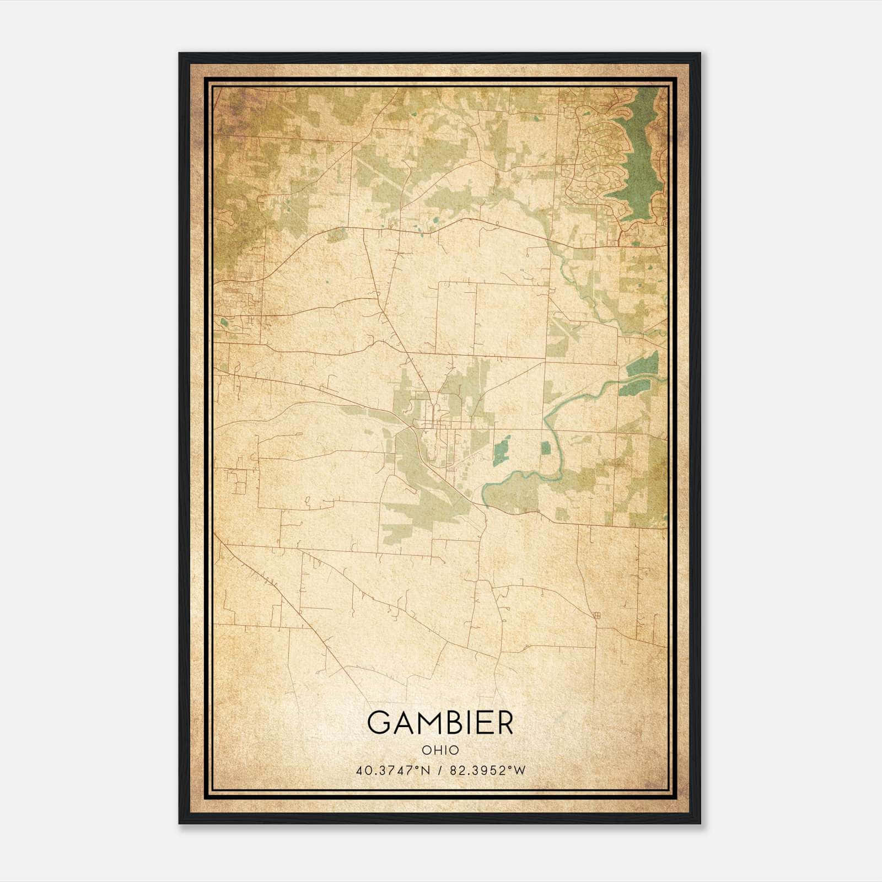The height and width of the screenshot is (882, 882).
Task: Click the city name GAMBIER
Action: pyautogui.click(x=440, y=723)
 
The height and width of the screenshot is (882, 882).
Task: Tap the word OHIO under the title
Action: pyautogui.click(x=440, y=750)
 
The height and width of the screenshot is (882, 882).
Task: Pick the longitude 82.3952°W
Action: pyautogui.click(x=488, y=771)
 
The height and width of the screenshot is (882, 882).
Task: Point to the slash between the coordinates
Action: pyautogui.click(x=439, y=771)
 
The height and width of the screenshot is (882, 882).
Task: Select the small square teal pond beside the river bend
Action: pyautogui.click(x=545, y=448)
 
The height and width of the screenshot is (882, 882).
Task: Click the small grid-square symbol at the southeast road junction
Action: pyautogui.click(x=597, y=615)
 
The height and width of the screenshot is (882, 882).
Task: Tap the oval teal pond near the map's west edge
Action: pyautogui.click(x=224, y=322)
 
